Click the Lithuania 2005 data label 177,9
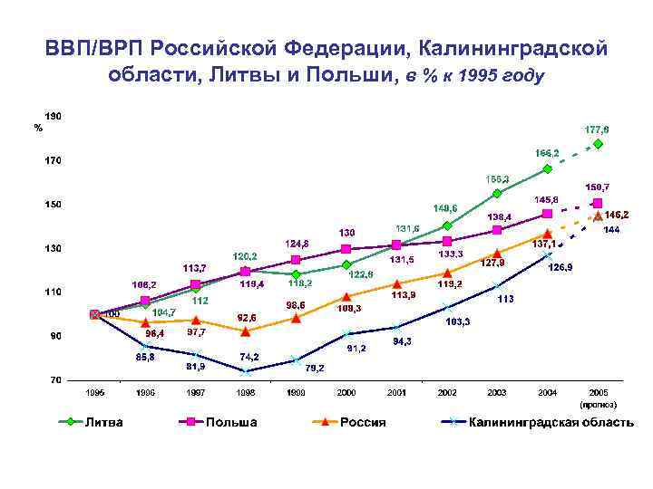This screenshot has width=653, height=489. [598, 129]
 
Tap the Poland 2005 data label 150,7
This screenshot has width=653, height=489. [598, 187]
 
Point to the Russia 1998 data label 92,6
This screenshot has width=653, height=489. [247, 317]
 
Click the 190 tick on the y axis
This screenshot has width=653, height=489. [54, 117]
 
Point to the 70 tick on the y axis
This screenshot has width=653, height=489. [55, 380]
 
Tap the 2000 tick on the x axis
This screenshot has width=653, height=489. [346, 392]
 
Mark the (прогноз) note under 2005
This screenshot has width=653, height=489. [598, 403]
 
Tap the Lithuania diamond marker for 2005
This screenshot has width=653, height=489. [599, 144]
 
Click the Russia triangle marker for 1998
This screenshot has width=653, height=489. [245, 331]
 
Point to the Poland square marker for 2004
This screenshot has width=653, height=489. [547, 214]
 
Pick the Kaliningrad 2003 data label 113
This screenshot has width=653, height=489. [506, 299]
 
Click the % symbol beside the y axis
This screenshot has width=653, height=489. [37, 128]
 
